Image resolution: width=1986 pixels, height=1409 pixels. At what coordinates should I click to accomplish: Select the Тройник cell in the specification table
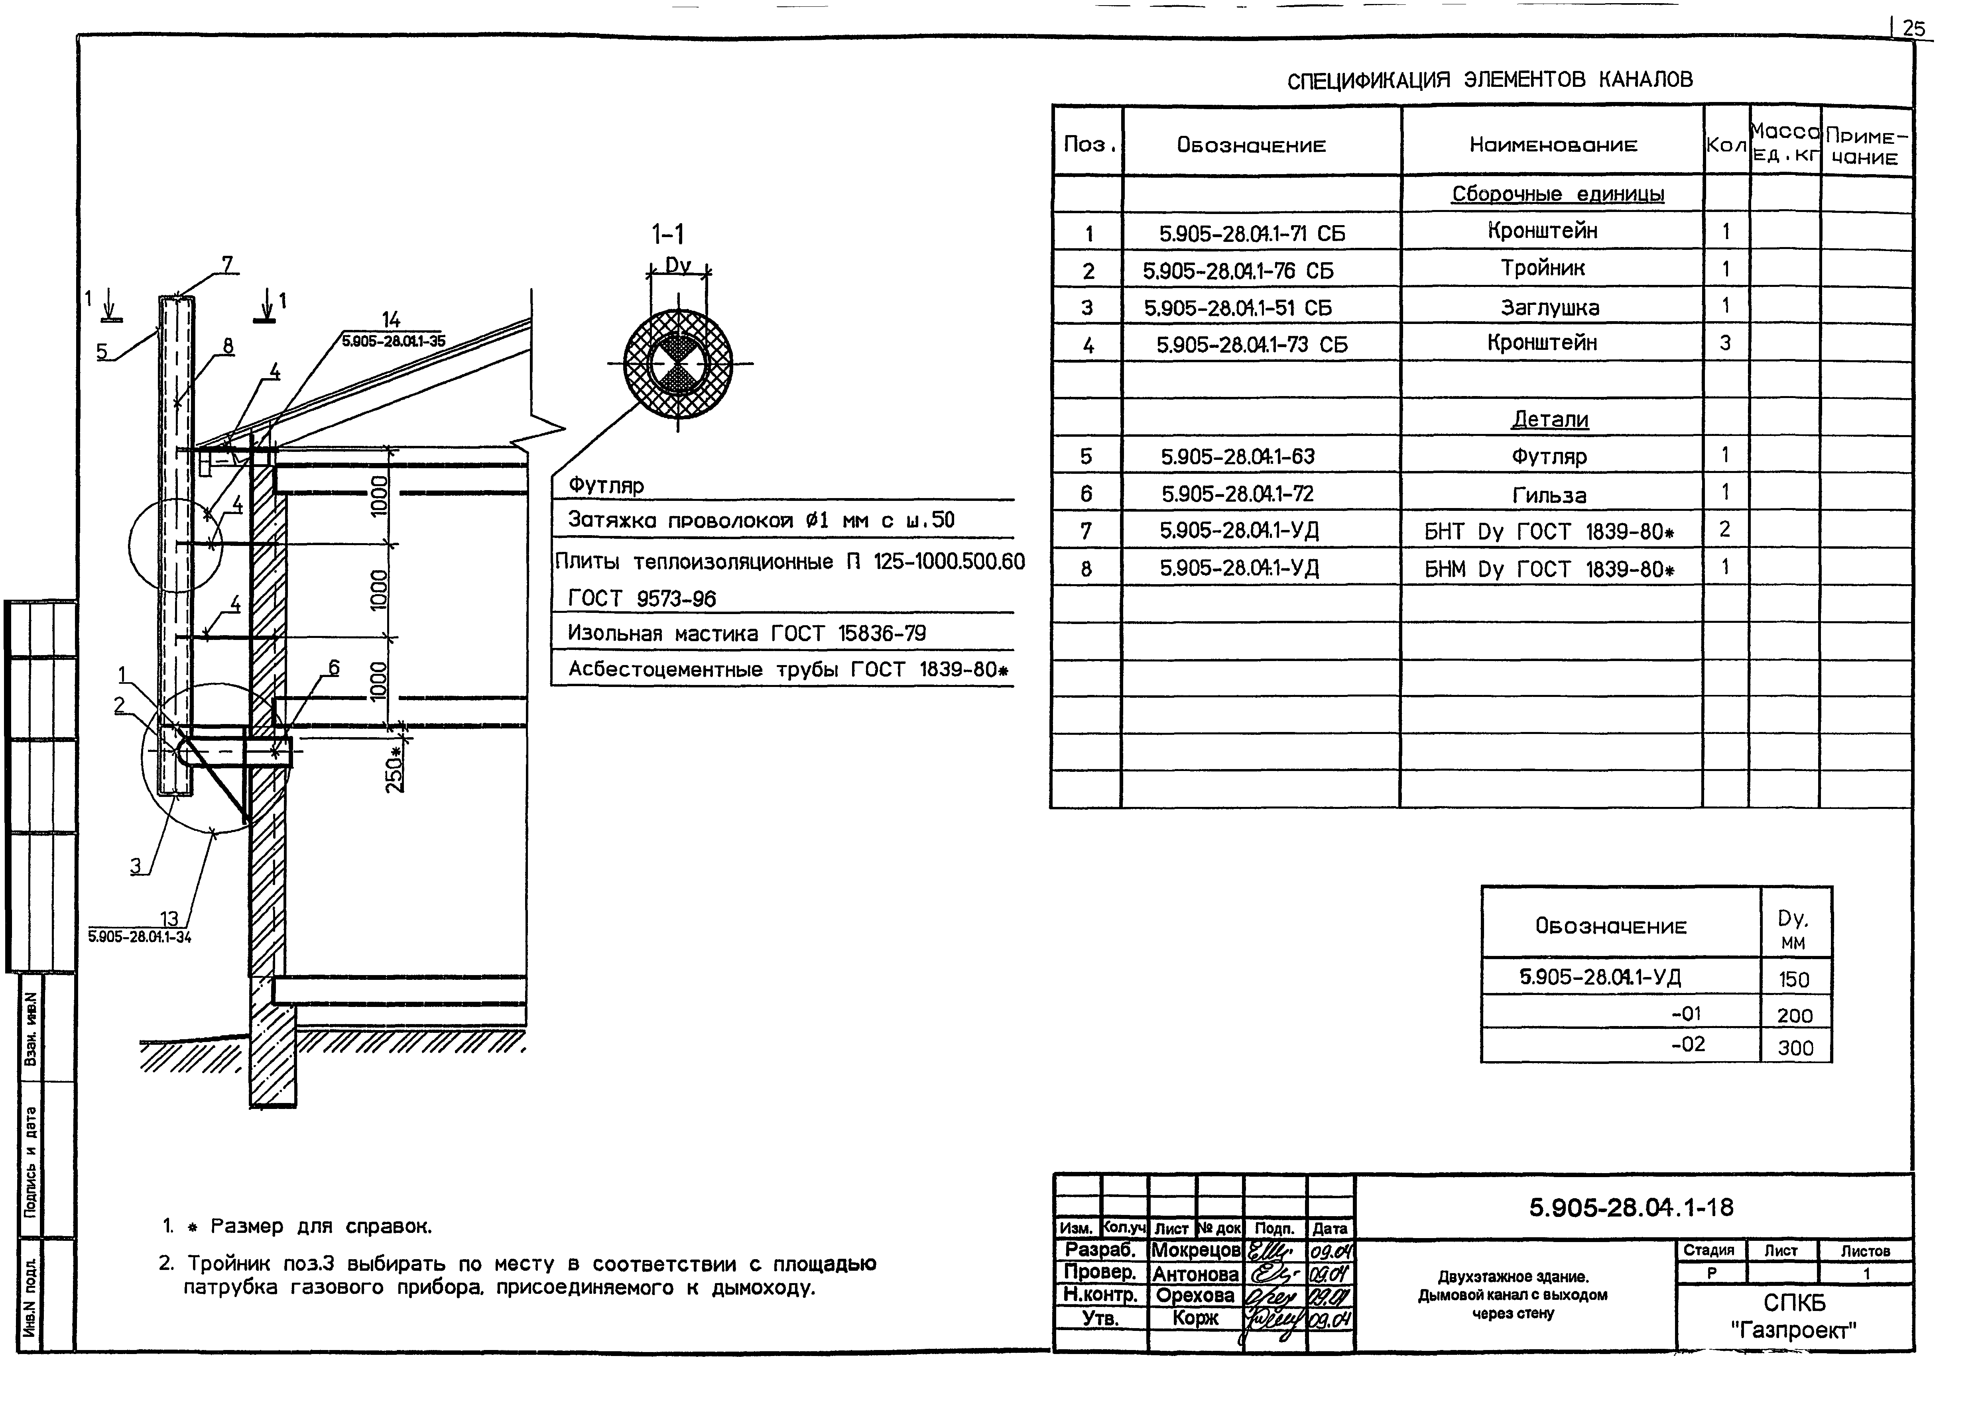pos(1543,269)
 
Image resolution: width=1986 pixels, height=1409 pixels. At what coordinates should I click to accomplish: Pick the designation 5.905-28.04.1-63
pos(1237,456)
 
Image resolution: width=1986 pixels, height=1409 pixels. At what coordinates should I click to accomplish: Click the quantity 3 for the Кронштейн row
pos(1725,343)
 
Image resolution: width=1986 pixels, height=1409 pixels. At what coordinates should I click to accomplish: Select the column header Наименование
pos(1553,145)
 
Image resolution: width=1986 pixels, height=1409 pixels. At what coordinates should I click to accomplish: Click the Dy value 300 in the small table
pos(1795,1048)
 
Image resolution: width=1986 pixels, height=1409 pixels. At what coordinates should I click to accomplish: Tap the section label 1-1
pos(667,234)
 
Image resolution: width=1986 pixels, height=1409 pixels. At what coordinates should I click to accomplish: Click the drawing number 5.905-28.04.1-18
pos(1631,1207)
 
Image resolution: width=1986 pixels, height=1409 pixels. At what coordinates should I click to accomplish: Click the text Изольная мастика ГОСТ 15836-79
pos(746,633)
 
